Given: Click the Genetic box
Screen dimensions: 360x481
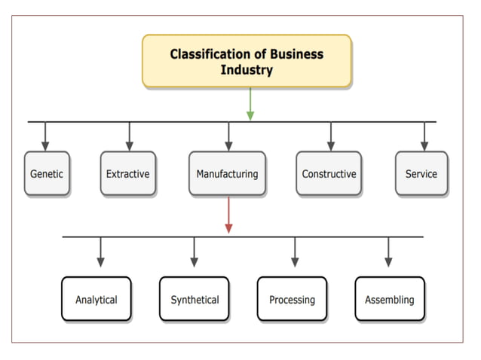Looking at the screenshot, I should pyautogui.click(x=47, y=174).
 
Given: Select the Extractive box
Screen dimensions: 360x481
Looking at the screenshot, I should pyautogui.click(x=128, y=174).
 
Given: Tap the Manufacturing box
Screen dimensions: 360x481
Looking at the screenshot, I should pyautogui.click(x=227, y=174).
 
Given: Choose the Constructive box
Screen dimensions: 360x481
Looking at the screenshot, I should pyautogui.click(x=329, y=174).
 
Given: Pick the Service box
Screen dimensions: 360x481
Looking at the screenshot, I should pyautogui.click(x=421, y=174).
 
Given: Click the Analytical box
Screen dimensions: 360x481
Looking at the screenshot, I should pyautogui.click(x=97, y=299).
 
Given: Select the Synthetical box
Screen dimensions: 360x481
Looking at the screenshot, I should pyautogui.click(x=194, y=299).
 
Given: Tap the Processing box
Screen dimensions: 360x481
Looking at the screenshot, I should pyautogui.click(x=292, y=299).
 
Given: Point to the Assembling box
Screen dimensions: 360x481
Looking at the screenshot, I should pyautogui.click(x=390, y=299).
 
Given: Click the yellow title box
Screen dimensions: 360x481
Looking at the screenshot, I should pyautogui.click(x=247, y=61).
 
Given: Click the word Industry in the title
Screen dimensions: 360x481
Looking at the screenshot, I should pyautogui.click(x=247, y=70).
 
